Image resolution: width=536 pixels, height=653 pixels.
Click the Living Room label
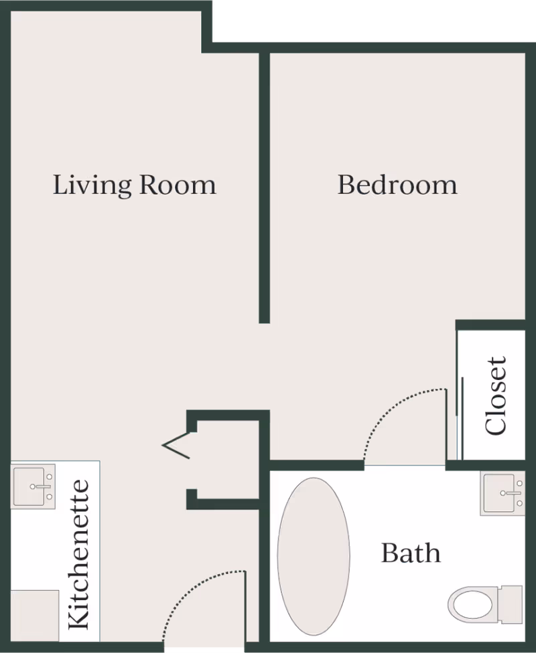pyautogui.click(x=134, y=185)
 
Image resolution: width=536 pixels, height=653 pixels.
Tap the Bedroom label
pyautogui.click(x=397, y=185)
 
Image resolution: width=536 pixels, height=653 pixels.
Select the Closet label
pyautogui.click(x=496, y=395)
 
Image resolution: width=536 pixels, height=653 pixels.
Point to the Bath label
pyautogui.click(x=411, y=553)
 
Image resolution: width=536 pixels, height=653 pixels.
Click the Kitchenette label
pyautogui.click(x=78, y=555)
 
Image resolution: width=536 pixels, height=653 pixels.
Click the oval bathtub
pyautogui.click(x=314, y=557)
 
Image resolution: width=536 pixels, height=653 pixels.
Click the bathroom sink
pyautogui.click(x=503, y=494)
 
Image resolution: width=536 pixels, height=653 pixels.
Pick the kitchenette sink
pyautogui.click(x=33, y=486)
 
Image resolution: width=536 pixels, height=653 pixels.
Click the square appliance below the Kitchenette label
pyautogui.click(x=35, y=616)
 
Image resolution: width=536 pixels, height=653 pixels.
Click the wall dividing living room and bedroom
pyautogui.click(x=264, y=187)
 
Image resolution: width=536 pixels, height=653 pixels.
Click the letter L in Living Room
pyautogui.click(x=60, y=185)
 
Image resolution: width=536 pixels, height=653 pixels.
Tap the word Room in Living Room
pyautogui.click(x=178, y=185)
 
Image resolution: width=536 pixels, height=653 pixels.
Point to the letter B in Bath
pyautogui.click(x=389, y=553)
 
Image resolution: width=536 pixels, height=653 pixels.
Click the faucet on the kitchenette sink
pyautogui.click(x=40, y=486)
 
